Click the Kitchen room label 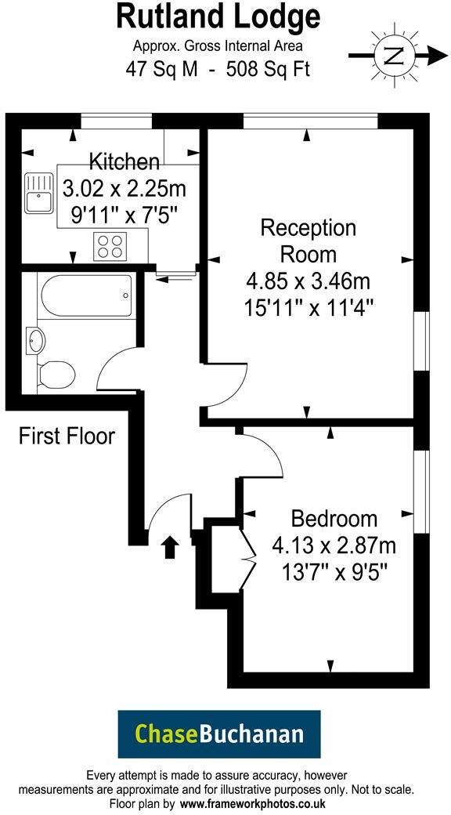coord(124,162)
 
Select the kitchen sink coord(37,192)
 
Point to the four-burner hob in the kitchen coord(110,247)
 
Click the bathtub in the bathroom coord(86,295)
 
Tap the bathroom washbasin coord(36,340)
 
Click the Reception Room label coord(308,241)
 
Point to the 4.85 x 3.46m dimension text coord(308,279)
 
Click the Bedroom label coord(334,518)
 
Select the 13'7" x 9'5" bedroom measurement coord(334,571)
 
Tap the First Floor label coord(67,436)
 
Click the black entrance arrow coord(170,546)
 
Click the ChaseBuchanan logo coord(218,733)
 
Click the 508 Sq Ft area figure coord(268,69)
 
